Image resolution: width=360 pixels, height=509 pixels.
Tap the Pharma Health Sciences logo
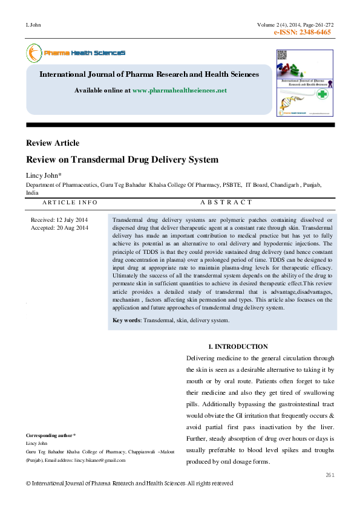(x=76, y=53)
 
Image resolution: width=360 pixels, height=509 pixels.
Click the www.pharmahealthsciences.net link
(x=179, y=90)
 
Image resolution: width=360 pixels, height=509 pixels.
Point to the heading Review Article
(x=53, y=143)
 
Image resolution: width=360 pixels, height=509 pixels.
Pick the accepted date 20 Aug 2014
(x=72, y=227)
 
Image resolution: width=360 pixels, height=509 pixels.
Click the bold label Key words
(x=126, y=320)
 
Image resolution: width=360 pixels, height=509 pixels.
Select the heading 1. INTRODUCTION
(x=237, y=346)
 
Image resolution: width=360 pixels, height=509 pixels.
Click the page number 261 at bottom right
(x=329, y=475)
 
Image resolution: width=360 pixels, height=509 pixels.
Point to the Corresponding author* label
(x=51, y=435)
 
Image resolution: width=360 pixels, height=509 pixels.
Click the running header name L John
(x=33, y=25)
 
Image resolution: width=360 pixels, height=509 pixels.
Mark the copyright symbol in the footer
(x=28, y=484)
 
